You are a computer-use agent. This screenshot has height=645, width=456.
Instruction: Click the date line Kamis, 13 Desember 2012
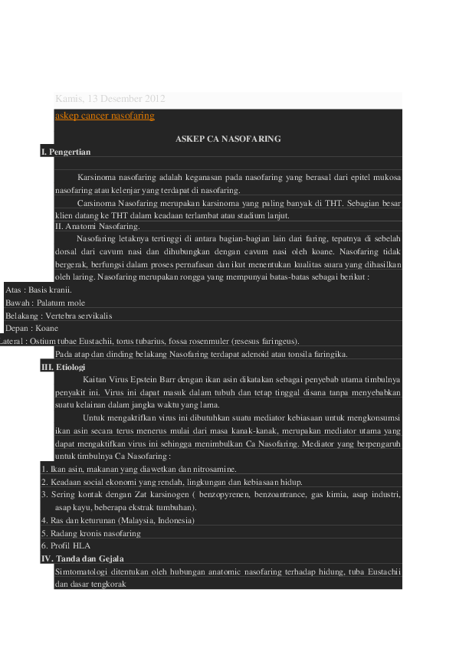click(x=110, y=100)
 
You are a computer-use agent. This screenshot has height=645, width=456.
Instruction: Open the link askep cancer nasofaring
click(x=105, y=116)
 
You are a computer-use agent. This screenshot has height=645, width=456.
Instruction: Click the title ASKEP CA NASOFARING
click(x=228, y=139)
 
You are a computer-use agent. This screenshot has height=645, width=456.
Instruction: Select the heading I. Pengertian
click(x=66, y=152)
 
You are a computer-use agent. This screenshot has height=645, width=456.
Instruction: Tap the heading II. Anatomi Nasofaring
click(x=97, y=226)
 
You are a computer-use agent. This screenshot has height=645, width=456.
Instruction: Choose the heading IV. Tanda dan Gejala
click(x=82, y=558)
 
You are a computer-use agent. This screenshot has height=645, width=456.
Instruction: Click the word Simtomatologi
click(x=83, y=571)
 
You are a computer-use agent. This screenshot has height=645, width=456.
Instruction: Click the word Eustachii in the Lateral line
click(x=107, y=341)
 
